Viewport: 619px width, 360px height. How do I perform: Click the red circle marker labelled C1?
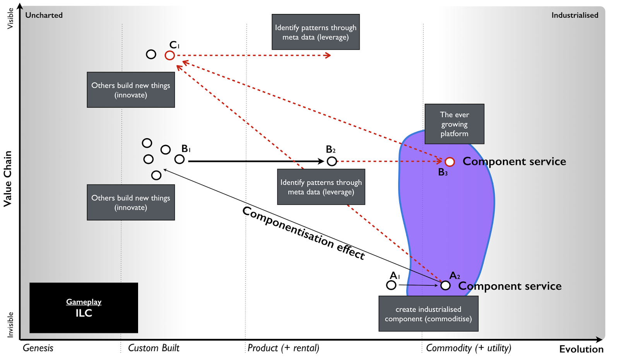coord(169,55)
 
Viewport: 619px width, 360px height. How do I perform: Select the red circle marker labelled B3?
coord(450,162)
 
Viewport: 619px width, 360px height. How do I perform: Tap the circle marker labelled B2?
coord(332,161)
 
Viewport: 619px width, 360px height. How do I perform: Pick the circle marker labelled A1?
coord(391,285)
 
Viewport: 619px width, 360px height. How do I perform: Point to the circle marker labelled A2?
coord(445,286)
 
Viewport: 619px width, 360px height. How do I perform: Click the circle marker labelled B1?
coord(179,159)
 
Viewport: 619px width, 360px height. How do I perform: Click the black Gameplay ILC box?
coord(84,308)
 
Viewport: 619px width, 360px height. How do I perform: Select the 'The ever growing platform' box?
coord(454,124)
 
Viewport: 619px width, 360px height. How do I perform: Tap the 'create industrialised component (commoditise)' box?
coord(428,314)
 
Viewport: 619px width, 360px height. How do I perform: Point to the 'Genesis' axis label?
coord(38,348)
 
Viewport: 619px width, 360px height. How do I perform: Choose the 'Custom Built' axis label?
coord(154,348)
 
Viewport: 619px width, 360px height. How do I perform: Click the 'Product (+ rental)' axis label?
coord(283,348)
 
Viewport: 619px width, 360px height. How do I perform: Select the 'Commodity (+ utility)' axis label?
coord(469,348)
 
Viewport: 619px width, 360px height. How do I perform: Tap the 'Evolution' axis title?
coord(581,349)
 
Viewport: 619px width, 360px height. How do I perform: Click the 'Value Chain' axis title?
coord(8,179)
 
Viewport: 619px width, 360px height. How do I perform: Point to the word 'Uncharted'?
coord(44,15)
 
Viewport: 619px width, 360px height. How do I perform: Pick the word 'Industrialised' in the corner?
coord(575,15)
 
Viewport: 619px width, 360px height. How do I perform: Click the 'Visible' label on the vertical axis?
coord(10,19)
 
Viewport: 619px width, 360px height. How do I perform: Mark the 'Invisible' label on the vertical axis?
coord(10,324)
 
